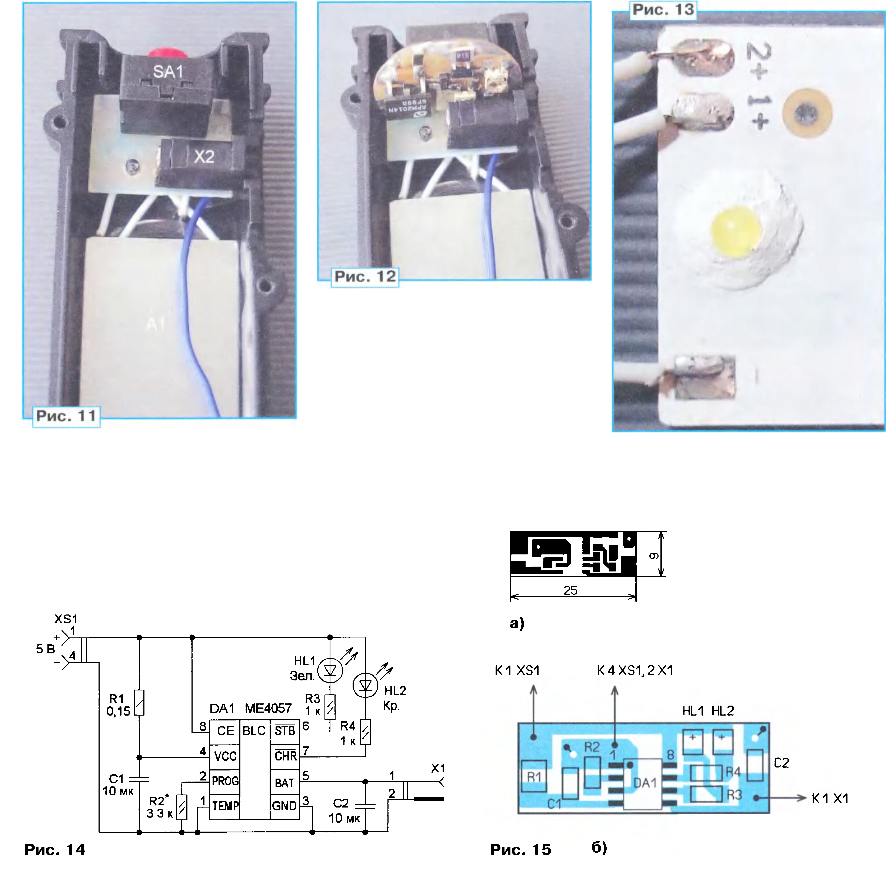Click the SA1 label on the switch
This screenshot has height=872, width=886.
point(168,72)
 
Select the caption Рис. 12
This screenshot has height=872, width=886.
point(365,277)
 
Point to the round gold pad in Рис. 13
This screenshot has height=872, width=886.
point(807,113)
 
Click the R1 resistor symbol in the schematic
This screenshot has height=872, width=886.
point(139,703)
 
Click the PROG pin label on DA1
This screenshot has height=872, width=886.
point(225,781)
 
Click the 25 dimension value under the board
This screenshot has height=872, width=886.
point(570,590)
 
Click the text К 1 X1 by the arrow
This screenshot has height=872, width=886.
point(830,799)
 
